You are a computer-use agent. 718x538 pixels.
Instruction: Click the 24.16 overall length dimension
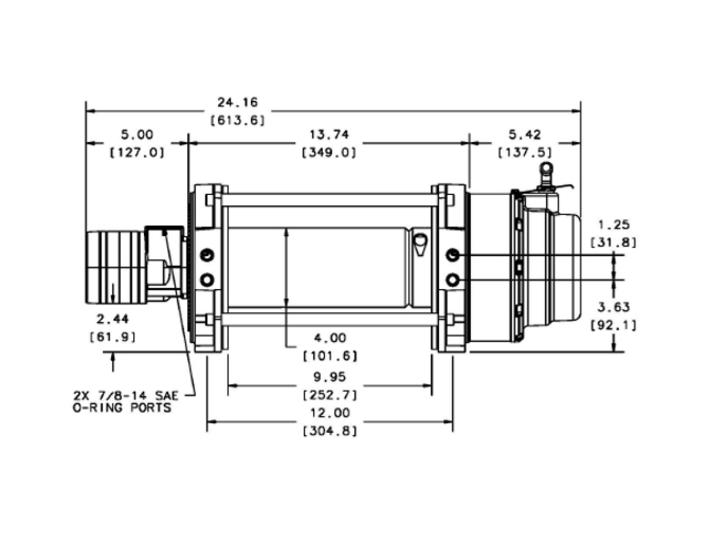point(237,101)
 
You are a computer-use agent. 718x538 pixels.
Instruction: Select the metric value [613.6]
point(238,120)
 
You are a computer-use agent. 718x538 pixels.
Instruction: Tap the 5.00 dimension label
point(137,135)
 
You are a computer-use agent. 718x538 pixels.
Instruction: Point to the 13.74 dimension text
point(329,135)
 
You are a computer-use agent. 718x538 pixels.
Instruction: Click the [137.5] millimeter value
point(525,152)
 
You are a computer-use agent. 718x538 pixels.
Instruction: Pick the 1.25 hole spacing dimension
point(614,225)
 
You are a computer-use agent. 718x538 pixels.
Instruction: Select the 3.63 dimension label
point(614,307)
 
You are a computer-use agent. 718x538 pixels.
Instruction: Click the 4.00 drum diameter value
point(330,338)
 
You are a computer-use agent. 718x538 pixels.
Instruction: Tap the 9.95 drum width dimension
point(330,377)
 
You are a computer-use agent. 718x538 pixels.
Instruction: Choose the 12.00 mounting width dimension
point(330,413)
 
